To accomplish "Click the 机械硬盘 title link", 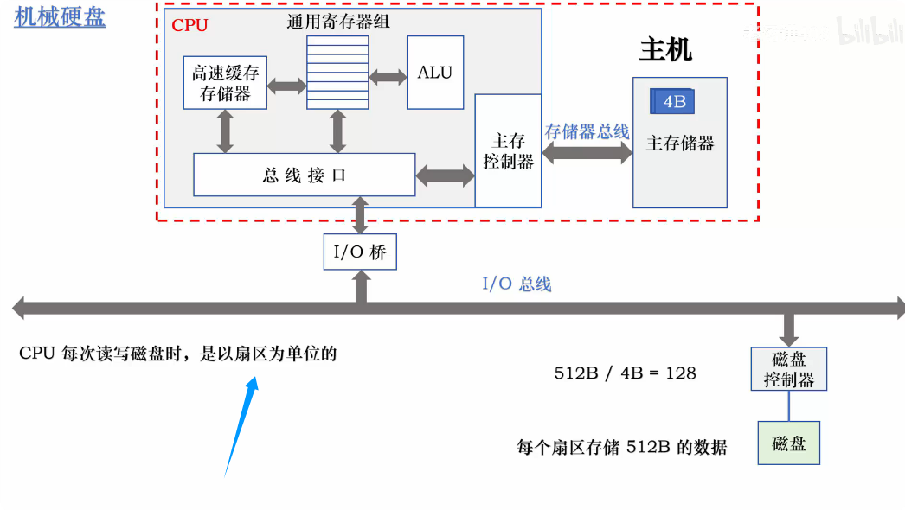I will (x=60, y=16).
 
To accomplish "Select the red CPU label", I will (x=189, y=25).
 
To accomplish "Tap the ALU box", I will (x=434, y=73).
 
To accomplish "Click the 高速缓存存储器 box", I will (x=225, y=83).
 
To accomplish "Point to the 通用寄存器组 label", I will (x=337, y=22).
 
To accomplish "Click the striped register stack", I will (x=337, y=73).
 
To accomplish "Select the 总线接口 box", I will (x=304, y=175).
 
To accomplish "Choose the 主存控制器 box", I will (x=508, y=150).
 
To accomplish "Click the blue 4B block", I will (x=673, y=102).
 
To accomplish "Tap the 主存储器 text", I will (x=680, y=143).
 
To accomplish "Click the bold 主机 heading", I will (x=665, y=49).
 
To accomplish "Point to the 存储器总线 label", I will (x=587, y=131).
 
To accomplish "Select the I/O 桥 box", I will (x=360, y=252).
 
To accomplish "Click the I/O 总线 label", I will (x=516, y=284).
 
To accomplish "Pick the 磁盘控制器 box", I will (x=788, y=369).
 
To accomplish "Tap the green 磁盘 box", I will (x=788, y=443).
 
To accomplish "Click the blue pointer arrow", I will (x=241, y=424).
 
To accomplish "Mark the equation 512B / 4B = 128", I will (x=625, y=373).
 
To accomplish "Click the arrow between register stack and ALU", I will (x=388, y=76).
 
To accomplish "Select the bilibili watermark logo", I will (x=865, y=31).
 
